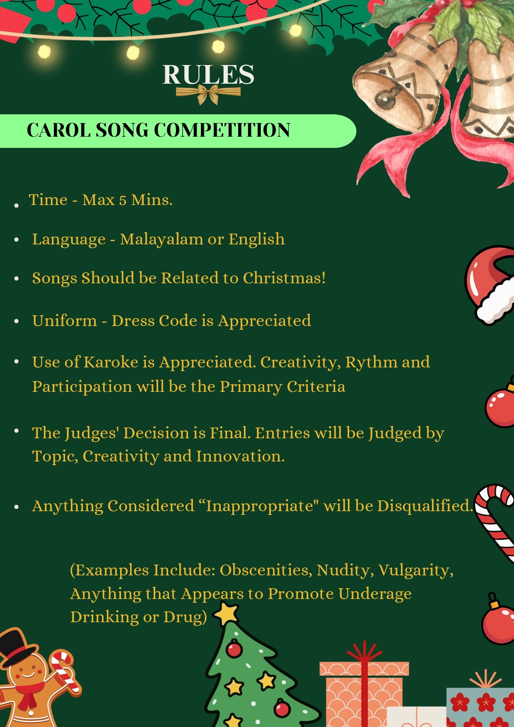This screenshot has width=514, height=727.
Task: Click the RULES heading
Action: click(x=208, y=75)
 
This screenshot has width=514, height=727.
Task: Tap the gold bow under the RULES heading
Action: click(x=208, y=94)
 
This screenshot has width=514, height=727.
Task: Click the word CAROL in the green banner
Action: click(x=58, y=130)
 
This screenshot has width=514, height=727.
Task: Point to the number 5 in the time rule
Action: click(x=123, y=201)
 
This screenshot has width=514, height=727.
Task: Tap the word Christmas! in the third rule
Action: click(x=284, y=278)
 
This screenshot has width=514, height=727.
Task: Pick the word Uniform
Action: click(x=65, y=321)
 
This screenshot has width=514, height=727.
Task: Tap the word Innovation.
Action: click(x=240, y=456)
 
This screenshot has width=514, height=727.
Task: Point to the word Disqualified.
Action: click(x=425, y=506)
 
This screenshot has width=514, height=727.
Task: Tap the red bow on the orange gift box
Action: click(x=364, y=652)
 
